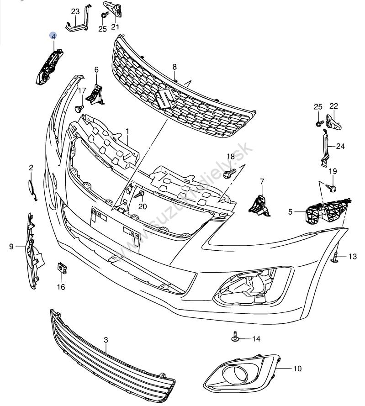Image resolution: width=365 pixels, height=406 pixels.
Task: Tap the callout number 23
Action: (x=75, y=11)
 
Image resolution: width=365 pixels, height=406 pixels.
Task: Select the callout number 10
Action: (x=297, y=368)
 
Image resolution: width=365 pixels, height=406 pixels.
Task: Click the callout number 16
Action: (x=61, y=287)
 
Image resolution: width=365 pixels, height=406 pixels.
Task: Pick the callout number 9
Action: (x=11, y=247)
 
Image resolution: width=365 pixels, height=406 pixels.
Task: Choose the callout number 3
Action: (x=106, y=340)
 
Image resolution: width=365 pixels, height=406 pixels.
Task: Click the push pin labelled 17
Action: (x=79, y=108)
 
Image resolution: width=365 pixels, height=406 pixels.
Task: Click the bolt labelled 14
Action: (x=234, y=337)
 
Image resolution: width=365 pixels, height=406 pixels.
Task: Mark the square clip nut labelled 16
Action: (x=60, y=268)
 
